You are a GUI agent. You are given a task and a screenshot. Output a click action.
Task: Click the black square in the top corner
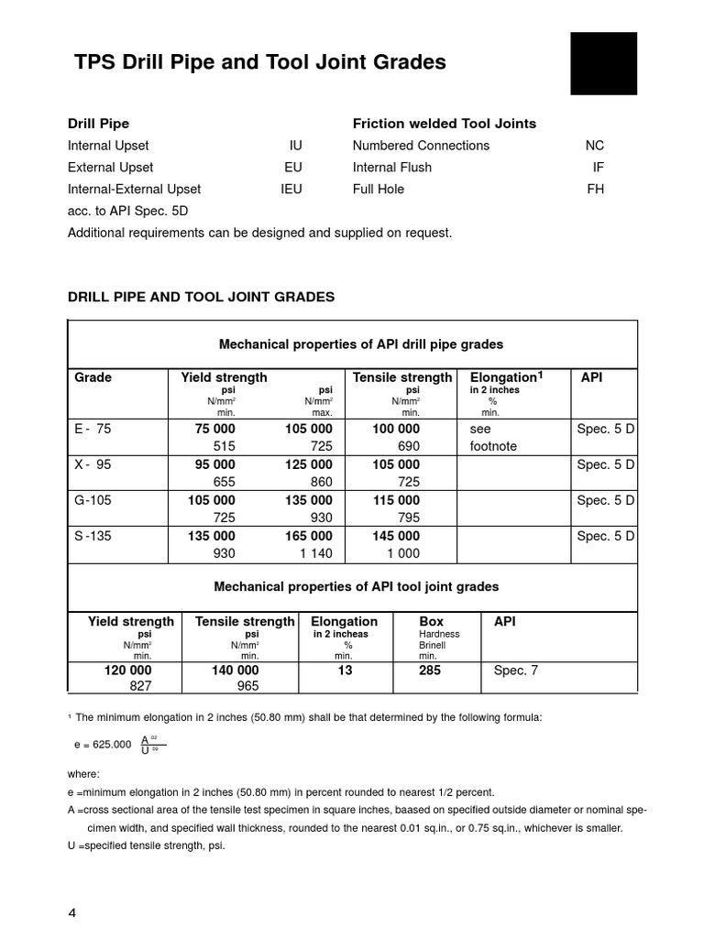(x=603, y=63)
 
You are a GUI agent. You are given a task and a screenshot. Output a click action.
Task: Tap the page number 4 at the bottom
(x=73, y=913)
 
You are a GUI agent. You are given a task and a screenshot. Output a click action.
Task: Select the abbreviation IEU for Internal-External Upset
(x=291, y=190)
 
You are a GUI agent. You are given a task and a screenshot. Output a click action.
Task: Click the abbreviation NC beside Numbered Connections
(x=594, y=146)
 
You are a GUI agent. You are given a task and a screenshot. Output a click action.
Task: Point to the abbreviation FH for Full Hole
(x=595, y=190)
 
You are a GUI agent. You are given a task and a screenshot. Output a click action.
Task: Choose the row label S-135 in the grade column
(x=93, y=536)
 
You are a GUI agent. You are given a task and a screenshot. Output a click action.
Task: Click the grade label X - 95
(x=93, y=464)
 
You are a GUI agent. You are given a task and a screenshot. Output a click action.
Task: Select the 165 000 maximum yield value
(x=308, y=536)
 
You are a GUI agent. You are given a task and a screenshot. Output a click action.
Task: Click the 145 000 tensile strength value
(x=396, y=536)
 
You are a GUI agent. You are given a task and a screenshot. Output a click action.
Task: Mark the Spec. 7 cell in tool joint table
(x=516, y=671)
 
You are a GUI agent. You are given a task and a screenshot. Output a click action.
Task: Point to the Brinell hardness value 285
(x=430, y=671)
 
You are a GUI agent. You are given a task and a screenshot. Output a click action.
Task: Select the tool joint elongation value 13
(x=344, y=671)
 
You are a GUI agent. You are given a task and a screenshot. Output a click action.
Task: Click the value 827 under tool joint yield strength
(x=141, y=686)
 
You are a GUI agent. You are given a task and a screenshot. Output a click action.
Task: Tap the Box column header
(x=431, y=621)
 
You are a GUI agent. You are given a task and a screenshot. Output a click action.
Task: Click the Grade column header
(x=93, y=377)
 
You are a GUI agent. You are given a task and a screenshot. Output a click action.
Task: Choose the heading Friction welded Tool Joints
(x=444, y=124)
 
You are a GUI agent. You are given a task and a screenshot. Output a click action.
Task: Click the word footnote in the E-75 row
(x=493, y=446)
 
